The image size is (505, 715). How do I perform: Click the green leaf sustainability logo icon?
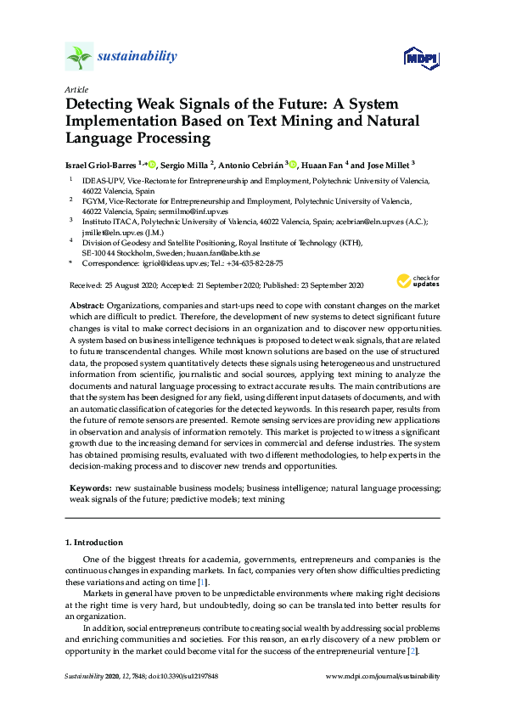(79, 57)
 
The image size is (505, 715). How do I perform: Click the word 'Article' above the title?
(75, 89)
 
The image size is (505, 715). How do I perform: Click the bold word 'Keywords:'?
(90, 489)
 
